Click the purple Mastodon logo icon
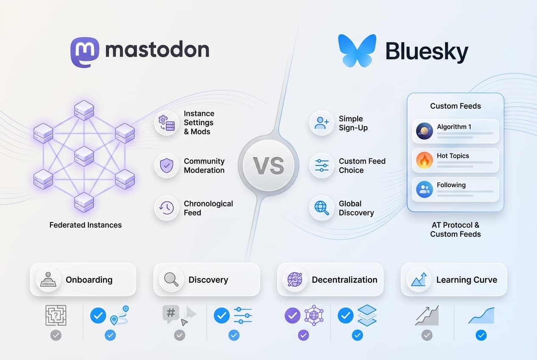pos(85,52)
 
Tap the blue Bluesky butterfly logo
pos(357,51)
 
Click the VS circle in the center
pos(268,166)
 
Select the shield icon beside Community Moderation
pos(166,166)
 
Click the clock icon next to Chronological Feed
pos(166,208)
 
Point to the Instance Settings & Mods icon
pos(166,123)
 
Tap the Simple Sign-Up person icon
pos(322,123)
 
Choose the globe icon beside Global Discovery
pos(322,208)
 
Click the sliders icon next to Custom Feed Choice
pos(322,166)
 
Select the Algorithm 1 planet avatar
pos(424,131)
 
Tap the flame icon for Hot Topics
pos(424,160)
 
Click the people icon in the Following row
pos(424,189)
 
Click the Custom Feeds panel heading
pos(455,106)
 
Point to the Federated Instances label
pos(85,225)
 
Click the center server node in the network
pos(84,156)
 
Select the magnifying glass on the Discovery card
pos(171,280)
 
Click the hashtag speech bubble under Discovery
pos(170,314)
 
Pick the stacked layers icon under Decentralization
pos(367,315)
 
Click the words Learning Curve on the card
pos(466,280)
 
